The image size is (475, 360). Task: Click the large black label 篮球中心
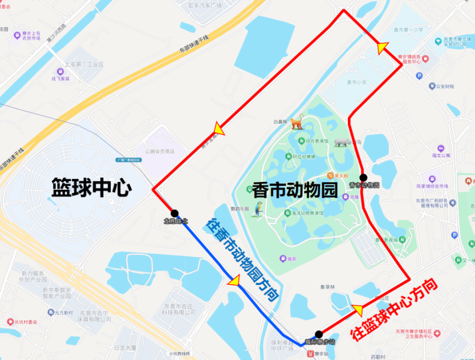(92, 187)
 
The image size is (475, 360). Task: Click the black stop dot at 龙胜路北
(174, 213)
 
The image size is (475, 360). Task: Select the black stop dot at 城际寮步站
(319, 334)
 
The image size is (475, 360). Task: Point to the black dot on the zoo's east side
(363, 177)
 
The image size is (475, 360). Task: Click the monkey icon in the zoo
(297, 122)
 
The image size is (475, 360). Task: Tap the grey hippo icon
(341, 142)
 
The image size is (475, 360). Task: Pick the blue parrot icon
(259, 209)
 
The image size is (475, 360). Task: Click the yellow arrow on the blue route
(233, 281)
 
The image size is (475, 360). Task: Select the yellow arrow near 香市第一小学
(382, 47)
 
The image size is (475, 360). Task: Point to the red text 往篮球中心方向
(395, 311)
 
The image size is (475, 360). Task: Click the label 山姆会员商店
(160, 151)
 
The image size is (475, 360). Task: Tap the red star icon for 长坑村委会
(10, 321)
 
